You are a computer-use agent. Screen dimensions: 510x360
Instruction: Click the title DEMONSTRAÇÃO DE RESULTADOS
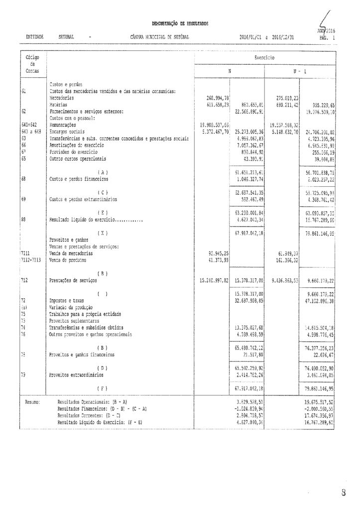pyautogui.click(x=180, y=23)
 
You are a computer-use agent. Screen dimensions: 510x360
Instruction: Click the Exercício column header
pyautogui.click(x=264, y=58)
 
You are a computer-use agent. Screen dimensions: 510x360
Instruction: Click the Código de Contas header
pyautogui.click(x=32, y=64)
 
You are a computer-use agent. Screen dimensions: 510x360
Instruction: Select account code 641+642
pyautogui.click(x=31, y=125)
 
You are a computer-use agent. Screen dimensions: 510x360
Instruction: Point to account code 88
pyautogui.click(x=24, y=218)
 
